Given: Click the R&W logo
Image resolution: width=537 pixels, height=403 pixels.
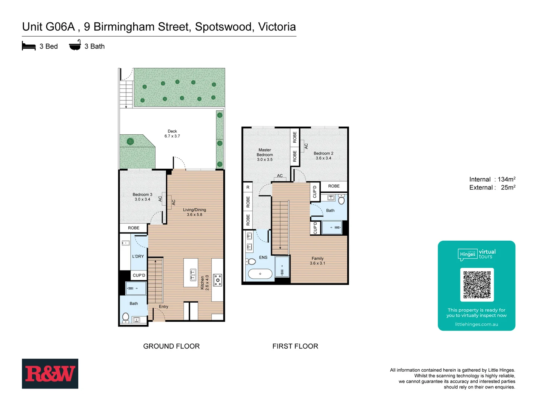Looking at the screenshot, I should (50, 374).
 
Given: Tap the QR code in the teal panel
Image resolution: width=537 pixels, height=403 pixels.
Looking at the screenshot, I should (477, 284).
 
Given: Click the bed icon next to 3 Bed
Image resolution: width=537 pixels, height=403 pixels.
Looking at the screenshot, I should (29, 46).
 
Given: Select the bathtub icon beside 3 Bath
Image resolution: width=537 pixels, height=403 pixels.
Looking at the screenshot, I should (75, 45).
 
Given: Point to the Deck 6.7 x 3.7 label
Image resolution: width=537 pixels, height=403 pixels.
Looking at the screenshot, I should (172, 134).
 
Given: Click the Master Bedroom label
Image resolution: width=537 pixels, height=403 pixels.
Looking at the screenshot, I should (265, 154).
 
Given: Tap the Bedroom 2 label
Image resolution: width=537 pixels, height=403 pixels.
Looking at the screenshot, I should (323, 156).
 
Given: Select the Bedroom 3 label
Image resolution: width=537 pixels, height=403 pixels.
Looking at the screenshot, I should (142, 197).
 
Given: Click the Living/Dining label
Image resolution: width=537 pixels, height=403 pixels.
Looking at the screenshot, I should (194, 212).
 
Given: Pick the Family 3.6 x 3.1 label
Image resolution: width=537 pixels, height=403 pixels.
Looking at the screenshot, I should (317, 260).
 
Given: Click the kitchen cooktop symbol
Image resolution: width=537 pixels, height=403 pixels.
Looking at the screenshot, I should (218, 280).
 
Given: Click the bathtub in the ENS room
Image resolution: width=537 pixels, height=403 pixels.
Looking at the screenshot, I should (260, 274).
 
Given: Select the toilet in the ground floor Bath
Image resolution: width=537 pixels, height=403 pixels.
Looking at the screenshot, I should (126, 318).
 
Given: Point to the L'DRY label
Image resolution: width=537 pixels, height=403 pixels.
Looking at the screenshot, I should (138, 256).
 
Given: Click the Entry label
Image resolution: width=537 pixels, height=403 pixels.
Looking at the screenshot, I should (163, 307).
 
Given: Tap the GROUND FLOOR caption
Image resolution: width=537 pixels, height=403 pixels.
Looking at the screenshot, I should (171, 346).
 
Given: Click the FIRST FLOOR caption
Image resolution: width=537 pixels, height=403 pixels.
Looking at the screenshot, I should (295, 346).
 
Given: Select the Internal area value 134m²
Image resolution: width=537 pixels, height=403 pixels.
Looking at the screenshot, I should (506, 179).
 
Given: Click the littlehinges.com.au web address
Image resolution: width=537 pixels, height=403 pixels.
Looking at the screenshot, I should (476, 324).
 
